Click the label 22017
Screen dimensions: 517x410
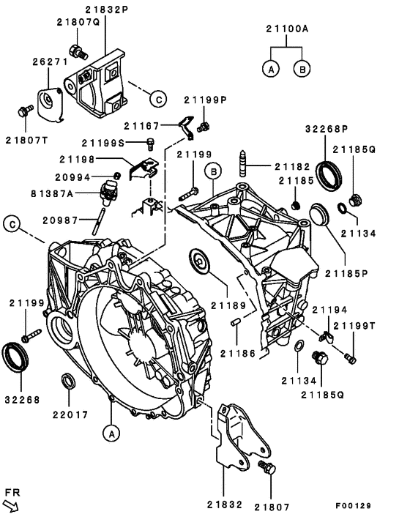click(70, 414)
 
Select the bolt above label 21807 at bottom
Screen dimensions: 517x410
click(266, 468)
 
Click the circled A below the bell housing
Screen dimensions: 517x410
click(111, 433)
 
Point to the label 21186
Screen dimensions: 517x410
click(239, 353)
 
